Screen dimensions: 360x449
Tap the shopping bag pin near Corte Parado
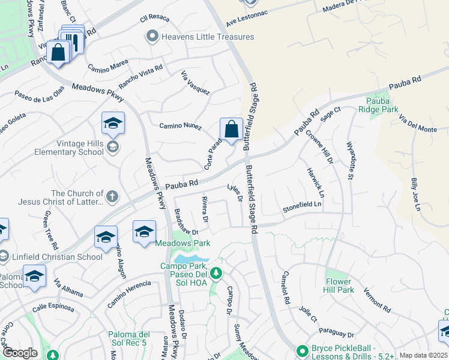[x=231, y=129]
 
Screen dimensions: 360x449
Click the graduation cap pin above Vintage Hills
[x=113, y=124]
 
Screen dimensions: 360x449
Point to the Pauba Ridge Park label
[x=378, y=106]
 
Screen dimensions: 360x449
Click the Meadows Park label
[x=183, y=243]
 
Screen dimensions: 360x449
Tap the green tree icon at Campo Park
[x=217, y=274]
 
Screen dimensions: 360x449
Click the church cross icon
[x=112, y=196]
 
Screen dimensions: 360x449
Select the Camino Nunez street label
[x=179, y=125]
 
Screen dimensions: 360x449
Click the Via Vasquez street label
[x=196, y=83]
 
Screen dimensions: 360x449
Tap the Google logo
[x=20, y=353]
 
